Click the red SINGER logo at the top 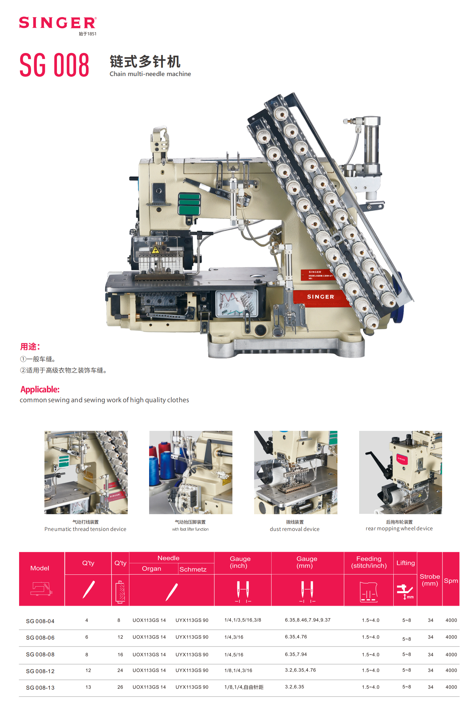(x=58, y=23)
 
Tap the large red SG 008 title (x=54, y=65)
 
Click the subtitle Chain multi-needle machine (x=150, y=74)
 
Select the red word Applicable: (x=40, y=389)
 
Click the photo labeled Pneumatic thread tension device (x=86, y=472)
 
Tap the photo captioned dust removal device (x=296, y=472)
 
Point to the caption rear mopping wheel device (x=399, y=529)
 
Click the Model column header (x=40, y=568)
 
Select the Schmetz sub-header (x=193, y=569)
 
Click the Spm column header (x=451, y=581)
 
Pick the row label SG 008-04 (x=40, y=621)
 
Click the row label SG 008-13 (x=40, y=688)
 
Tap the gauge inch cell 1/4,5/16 (x=234, y=655)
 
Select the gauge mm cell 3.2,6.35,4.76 (x=300, y=670)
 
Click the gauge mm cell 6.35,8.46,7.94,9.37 (x=307, y=620)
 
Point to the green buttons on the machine (x=189, y=204)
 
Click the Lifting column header (x=405, y=563)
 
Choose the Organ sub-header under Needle (x=151, y=569)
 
